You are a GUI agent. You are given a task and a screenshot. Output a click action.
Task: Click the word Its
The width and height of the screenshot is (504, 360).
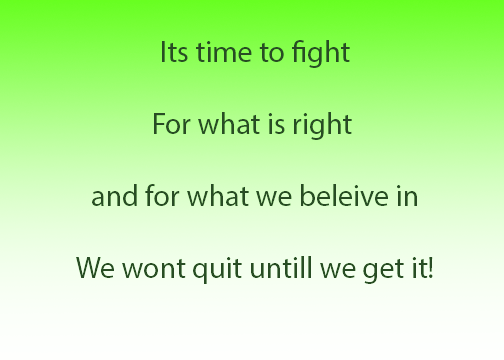pos(174,52)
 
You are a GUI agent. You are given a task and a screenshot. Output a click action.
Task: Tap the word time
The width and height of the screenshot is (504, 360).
pos(224,52)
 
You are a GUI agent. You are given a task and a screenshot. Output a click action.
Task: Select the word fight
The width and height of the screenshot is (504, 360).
pos(321,53)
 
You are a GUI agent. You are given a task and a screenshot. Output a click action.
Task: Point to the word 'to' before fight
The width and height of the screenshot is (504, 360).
pos(272,53)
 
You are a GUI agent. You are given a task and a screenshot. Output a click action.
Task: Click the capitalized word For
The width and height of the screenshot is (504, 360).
pos(172,124)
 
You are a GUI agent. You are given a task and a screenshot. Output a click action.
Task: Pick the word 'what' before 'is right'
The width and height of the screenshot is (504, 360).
pos(229,124)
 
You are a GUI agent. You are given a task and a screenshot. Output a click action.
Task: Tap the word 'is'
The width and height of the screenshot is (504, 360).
pos(276,125)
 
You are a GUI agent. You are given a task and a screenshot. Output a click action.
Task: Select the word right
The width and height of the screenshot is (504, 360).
pos(322,125)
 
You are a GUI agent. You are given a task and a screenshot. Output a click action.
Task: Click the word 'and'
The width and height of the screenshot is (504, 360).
pos(114,196)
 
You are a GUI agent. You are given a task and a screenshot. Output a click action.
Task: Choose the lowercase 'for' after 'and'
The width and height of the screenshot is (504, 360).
pos(162,195)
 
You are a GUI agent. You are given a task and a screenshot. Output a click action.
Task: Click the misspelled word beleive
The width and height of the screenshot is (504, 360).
pos(344,196)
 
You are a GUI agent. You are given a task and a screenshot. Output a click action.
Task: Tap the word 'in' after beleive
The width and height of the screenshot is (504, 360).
pos(407,197)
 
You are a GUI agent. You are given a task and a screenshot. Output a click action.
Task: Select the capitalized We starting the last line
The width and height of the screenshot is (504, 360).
pos(95,268)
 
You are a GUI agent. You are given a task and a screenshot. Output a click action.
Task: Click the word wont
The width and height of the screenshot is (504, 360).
pos(154,269)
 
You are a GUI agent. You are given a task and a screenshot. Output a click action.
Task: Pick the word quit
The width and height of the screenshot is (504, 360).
pos(217,270)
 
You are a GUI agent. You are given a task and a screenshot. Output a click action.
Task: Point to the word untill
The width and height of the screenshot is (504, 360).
pos(281,268)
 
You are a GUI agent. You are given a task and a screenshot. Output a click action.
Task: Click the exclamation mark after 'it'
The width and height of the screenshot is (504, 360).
pos(431,268)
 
